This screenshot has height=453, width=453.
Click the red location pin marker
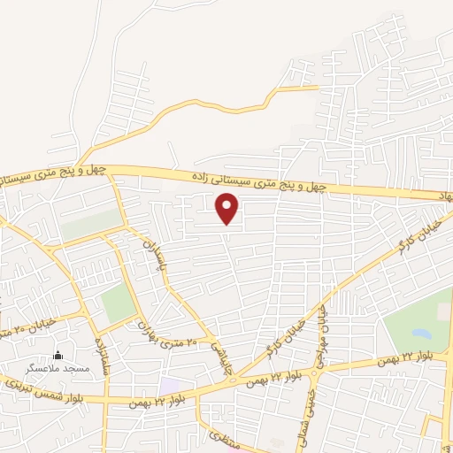[x=228, y=208]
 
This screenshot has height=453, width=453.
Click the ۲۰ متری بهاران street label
[x=175, y=332]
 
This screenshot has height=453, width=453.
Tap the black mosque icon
[x=59, y=353]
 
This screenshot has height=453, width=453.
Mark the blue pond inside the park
[x=419, y=334]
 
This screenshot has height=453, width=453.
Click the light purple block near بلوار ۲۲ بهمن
[x=173, y=387]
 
